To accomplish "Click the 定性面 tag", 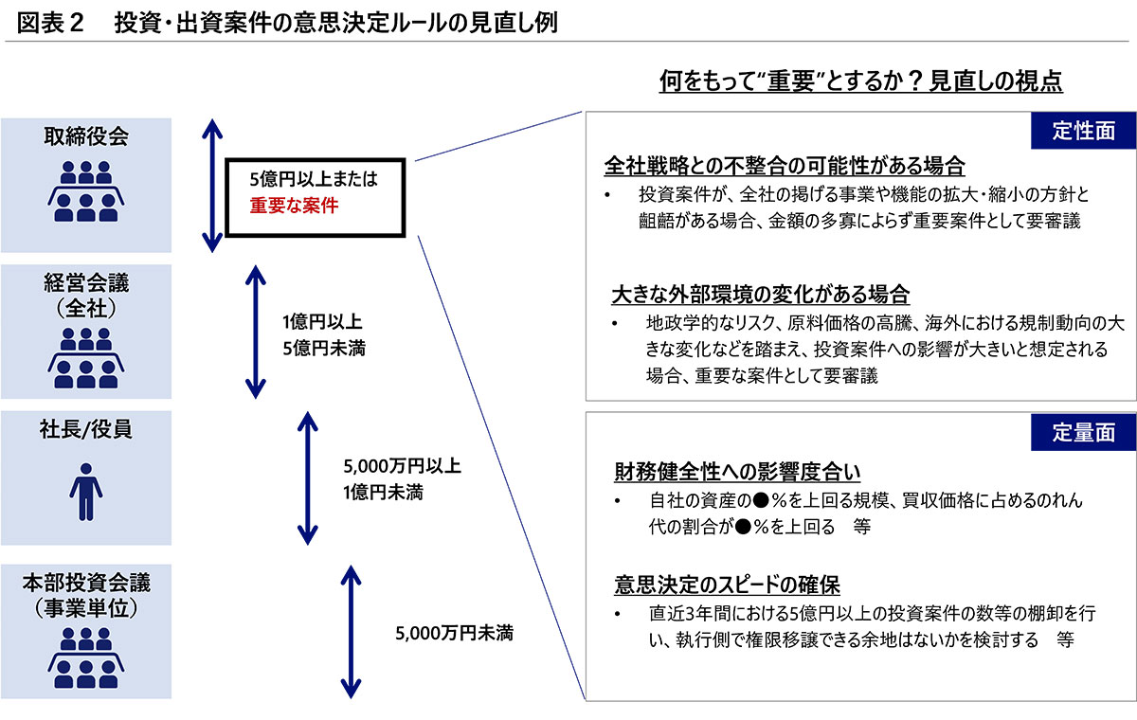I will pos(1083,131).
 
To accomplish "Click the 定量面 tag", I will pos(1083,432).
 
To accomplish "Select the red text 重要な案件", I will pos(294,204).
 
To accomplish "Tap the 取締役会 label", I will pos(85,135).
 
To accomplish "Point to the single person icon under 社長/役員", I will pos(85,490).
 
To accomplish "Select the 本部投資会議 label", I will pos(85,577).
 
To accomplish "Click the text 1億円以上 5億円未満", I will pos(323,333).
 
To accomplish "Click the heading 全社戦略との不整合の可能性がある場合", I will pos(785,167).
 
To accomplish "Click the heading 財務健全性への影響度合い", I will pos(737,471).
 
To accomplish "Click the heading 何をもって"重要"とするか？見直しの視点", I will pos(861,81).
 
